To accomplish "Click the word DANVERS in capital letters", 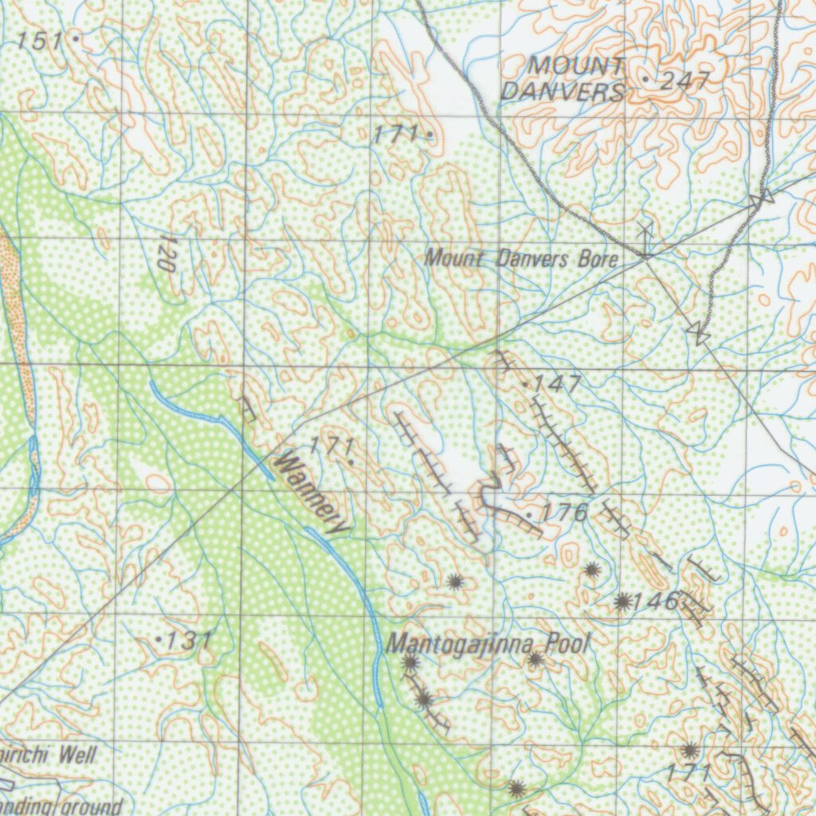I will pos(562,92).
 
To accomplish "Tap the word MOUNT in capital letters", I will pos(577,66).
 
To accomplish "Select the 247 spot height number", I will pos(684,80).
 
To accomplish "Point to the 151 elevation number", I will pos(40,41).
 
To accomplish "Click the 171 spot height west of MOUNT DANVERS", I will pos(396,135).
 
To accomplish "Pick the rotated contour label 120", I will pos(166,254).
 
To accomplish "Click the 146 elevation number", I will pos(658,601).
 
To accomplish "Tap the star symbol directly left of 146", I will pos(622,602).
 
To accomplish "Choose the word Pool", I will pos(569,644).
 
